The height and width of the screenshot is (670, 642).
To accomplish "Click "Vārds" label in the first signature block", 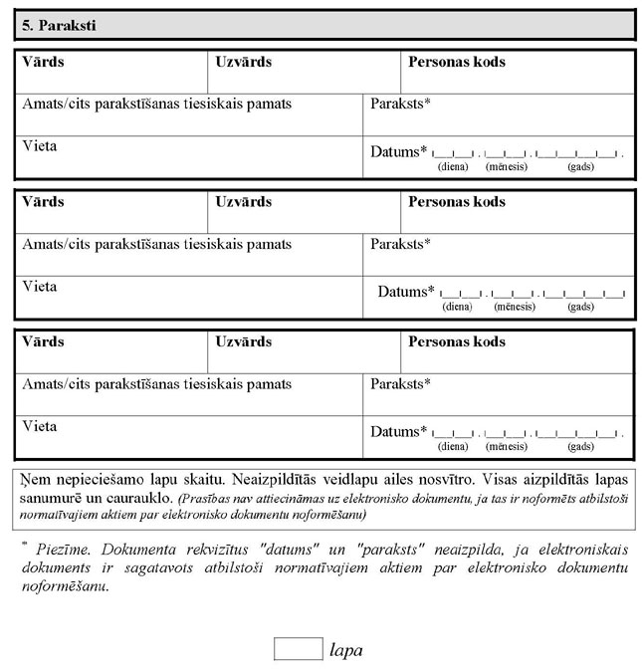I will (x=43, y=62).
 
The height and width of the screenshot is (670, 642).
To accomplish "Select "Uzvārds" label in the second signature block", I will (x=243, y=202).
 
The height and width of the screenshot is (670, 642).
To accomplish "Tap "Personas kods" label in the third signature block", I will (x=456, y=341).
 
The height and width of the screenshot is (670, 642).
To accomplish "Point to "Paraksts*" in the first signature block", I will (x=400, y=104).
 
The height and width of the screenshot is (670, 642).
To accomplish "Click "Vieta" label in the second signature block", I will (x=40, y=287).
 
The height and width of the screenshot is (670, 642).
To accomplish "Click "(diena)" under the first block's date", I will (x=453, y=166).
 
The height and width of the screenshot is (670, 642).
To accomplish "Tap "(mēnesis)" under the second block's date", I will (x=514, y=307).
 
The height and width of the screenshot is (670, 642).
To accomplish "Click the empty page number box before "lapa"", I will (x=298, y=649).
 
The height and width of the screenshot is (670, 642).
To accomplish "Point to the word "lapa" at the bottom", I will (x=345, y=650).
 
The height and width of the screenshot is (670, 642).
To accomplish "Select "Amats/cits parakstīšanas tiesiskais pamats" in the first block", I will (x=157, y=104).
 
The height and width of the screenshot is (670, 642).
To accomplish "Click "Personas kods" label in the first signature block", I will (x=456, y=62).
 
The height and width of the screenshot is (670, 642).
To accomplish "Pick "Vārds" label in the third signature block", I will (x=43, y=341).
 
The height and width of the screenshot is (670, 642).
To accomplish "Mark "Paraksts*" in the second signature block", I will (x=400, y=244).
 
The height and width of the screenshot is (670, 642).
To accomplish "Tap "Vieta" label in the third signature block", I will (x=40, y=426).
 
